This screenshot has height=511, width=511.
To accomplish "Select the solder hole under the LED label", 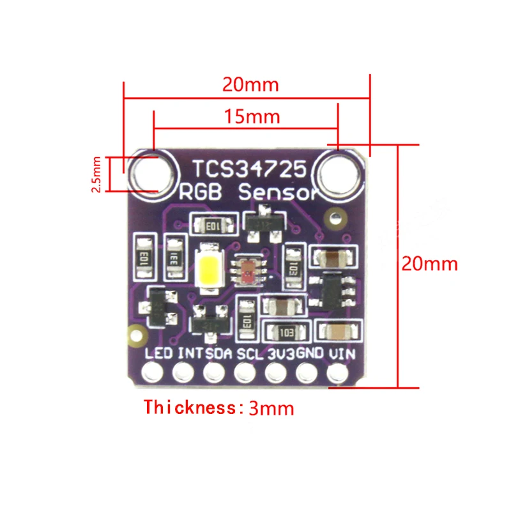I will (152, 372).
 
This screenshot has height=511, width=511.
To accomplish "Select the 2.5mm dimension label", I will (96, 174).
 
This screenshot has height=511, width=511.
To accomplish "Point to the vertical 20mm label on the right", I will (430, 263).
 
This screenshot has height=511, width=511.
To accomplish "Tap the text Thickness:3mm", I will (219, 407).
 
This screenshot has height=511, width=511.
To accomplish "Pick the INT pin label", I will (190, 353).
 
